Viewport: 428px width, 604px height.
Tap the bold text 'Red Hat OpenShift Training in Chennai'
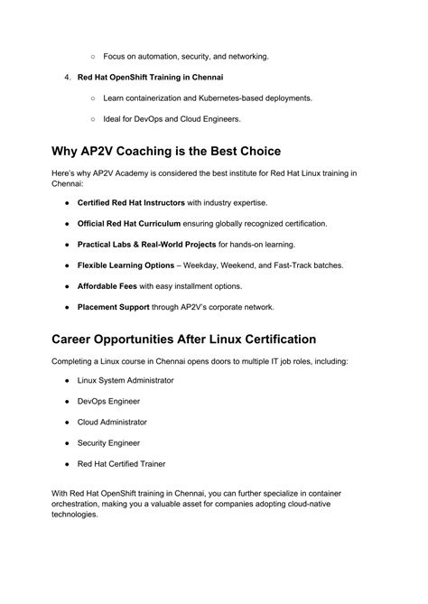[151, 77]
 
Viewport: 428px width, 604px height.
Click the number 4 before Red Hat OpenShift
[67, 77]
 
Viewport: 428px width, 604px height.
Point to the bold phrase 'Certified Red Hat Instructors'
[131, 202]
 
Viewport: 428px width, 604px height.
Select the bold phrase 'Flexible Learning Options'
[126, 265]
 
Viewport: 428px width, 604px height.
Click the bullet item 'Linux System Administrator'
[126, 380]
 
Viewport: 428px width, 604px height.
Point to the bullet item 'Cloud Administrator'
[112, 422]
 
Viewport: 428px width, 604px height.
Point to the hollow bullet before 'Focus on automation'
[93, 56]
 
